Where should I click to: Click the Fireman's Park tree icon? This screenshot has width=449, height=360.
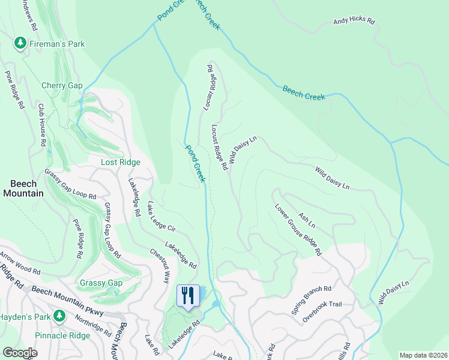pos(20,43)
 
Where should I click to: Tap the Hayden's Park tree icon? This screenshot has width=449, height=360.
pos(59,316)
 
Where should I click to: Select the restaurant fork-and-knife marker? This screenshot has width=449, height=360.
pos(188,295)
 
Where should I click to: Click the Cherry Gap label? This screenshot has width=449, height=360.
pos(62,86)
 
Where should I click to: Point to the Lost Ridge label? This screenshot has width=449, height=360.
pos(120,163)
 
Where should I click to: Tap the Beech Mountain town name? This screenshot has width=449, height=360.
pos(23,188)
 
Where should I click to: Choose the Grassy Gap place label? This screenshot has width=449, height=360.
pos(101,283)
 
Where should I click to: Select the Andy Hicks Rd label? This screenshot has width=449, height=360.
pos(354,22)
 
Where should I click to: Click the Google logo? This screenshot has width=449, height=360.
pos(20,353)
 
